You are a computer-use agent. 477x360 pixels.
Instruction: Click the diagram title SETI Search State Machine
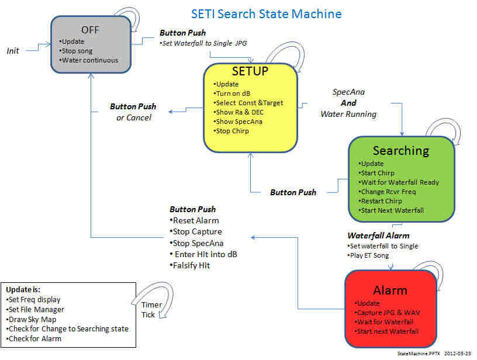(266, 14)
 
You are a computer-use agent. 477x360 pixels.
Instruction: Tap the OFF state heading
(90, 30)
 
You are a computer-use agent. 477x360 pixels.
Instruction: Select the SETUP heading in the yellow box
(250, 71)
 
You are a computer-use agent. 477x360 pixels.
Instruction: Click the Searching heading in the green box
(401, 151)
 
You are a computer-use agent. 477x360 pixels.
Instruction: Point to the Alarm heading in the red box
(390, 290)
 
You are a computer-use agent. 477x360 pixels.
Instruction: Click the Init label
(13, 51)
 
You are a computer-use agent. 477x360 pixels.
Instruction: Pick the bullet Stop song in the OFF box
(76, 51)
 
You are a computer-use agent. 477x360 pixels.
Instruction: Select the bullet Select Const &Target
(248, 103)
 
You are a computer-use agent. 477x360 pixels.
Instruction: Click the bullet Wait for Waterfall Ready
(399, 182)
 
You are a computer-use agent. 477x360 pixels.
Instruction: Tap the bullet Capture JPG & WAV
(387, 313)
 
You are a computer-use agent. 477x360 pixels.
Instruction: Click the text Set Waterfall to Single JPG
(203, 43)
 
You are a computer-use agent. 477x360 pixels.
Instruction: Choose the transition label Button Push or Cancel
(133, 112)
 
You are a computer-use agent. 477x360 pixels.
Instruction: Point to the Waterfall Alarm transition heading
(378, 236)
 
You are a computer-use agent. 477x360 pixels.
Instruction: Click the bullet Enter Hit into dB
(203, 254)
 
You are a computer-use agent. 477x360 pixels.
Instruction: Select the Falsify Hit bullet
(190, 266)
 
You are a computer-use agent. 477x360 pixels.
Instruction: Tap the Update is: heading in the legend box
(23, 290)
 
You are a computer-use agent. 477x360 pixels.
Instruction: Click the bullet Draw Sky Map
(31, 320)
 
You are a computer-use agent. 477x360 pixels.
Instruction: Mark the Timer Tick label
(151, 310)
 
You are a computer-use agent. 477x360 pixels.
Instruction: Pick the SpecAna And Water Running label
(348, 103)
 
